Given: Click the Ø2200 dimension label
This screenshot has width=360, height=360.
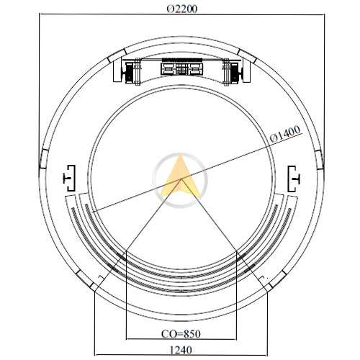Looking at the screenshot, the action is click(182, 9).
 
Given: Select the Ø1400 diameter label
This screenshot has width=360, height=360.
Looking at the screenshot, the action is click(285, 134).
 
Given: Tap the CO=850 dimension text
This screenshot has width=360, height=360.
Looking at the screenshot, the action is click(181, 334).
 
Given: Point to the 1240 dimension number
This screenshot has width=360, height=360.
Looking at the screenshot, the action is click(181, 350).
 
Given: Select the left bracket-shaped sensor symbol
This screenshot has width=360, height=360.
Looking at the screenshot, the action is click(70, 179).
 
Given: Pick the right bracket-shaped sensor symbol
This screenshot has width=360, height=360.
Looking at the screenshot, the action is click(294, 179).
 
